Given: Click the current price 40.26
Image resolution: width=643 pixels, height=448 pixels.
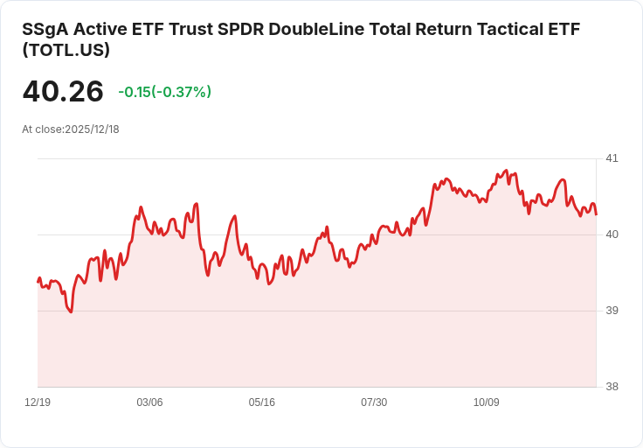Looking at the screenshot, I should click(63, 91).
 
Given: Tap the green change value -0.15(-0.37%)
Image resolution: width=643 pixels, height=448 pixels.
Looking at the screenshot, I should click(164, 92).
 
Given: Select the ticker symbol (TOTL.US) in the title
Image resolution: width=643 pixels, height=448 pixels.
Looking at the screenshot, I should click(66, 50).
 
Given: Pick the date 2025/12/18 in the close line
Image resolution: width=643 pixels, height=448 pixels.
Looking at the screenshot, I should click(92, 129).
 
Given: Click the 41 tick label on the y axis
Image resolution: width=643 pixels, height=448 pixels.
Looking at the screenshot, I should click(612, 158).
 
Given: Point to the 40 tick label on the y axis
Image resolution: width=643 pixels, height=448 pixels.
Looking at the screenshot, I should click(612, 234).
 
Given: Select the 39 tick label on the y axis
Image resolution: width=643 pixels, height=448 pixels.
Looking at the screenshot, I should click(612, 311).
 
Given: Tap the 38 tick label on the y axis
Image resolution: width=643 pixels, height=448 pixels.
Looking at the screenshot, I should click(612, 387).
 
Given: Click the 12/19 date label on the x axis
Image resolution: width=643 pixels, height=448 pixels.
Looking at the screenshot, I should click(38, 402).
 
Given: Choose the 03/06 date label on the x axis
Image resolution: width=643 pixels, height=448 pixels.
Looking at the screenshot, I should click(149, 402).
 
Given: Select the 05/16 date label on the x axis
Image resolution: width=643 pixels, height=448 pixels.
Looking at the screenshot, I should click(262, 402).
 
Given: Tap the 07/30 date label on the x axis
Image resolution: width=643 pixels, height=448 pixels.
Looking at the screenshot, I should click(374, 402).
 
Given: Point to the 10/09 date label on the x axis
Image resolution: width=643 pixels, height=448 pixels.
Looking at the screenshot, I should click(487, 402).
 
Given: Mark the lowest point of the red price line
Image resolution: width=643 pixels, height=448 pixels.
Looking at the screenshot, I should click(71, 311).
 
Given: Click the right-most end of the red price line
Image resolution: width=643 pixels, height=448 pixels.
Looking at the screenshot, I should click(597, 214).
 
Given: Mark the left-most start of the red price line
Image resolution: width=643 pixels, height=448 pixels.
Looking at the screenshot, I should click(38, 281).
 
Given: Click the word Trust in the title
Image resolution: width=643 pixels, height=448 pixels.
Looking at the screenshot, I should click(188, 29).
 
